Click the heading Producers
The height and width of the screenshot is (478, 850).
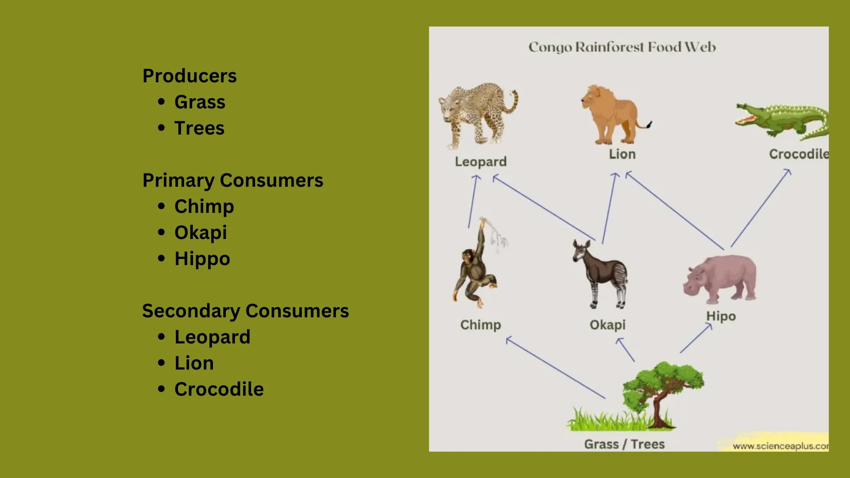(x=189, y=76)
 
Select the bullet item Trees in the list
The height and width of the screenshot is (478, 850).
(x=199, y=128)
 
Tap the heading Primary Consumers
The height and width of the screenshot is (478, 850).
(x=232, y=180)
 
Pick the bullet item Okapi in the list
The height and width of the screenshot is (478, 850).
(x=200, y=232)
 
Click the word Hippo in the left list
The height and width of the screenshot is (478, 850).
(x=202, y=258)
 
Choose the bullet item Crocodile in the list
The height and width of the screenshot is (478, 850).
(x=219, y=389)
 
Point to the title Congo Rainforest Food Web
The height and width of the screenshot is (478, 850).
(x=622, y=47)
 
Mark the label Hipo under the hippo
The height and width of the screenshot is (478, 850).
(x=721, y=316)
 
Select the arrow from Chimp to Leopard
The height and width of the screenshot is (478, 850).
(x=472, y=201)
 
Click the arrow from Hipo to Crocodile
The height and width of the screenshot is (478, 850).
(x=761, y=208)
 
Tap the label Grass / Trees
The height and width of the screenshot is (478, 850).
(x=624, y=444)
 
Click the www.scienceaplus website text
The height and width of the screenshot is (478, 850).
(x=780, y=446)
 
